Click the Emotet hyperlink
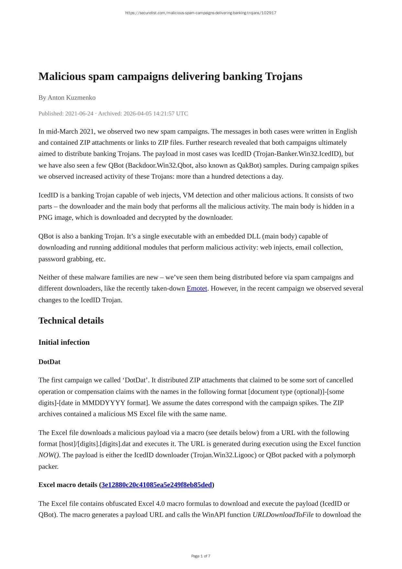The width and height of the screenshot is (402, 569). (197, 288)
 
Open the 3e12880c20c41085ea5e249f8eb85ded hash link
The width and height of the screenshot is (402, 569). (157, 485)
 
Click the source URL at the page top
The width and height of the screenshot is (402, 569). (201, 13)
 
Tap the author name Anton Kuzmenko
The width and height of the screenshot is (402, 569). (72, 98)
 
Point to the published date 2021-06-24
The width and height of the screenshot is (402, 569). (79, 113)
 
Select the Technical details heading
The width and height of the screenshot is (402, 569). (71, 320)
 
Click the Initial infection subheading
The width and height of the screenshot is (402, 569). (64, 342)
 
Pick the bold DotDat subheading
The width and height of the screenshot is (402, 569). (50, 362)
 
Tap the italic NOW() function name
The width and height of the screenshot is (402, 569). (49, 455)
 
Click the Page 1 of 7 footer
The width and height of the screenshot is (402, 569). (201, 556)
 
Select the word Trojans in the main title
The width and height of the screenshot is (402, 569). (284, 76)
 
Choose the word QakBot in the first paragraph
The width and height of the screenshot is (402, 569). (249, 165)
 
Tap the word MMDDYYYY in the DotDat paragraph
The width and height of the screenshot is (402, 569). (104, 403)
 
